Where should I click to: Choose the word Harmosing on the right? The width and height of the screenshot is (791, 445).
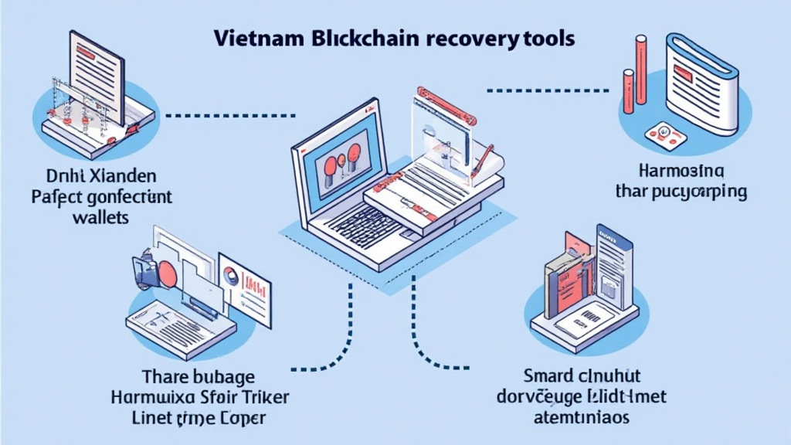[x=681, y=168]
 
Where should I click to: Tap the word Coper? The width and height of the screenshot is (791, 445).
[x=239, y=420]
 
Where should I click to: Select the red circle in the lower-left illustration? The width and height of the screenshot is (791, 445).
[x=168, y=274]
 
